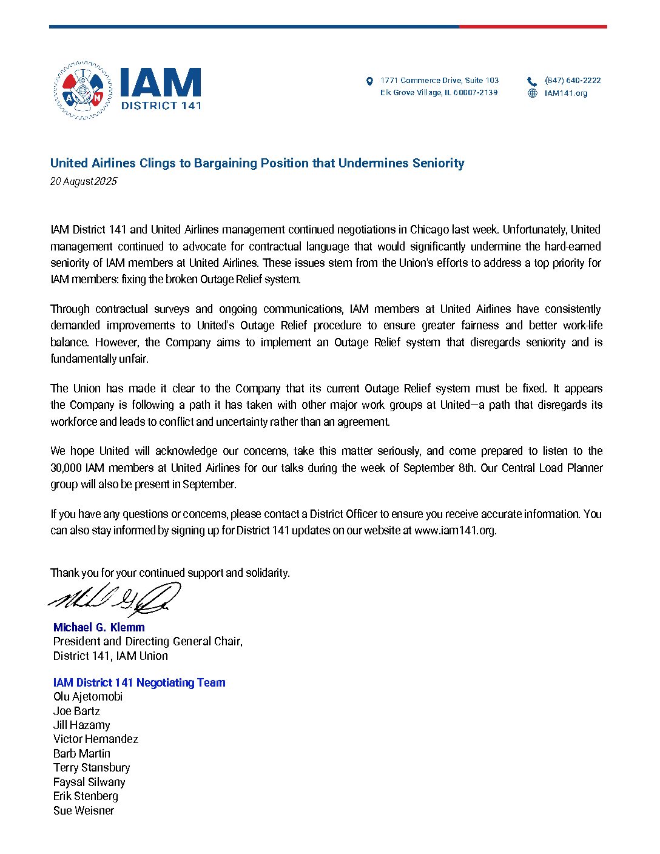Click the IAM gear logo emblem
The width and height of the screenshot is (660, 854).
point(82,90)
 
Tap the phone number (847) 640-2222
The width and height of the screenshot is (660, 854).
point(572,80)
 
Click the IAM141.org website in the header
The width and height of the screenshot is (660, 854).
point(565,93)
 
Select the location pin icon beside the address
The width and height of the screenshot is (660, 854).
point(369,81)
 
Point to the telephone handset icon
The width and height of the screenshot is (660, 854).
point(532,81)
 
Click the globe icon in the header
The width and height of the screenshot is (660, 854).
point(532,93)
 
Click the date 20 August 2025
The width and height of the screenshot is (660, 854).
point(83,181)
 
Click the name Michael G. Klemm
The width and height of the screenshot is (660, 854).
point(99,627)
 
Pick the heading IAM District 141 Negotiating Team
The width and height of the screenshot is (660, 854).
point(139,682)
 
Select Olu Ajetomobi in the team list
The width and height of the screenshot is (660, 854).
point(88,696)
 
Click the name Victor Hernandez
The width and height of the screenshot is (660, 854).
point(96,739)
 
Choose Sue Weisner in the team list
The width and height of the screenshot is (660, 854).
point(84,810)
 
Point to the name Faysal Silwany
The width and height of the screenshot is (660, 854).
point(89,782)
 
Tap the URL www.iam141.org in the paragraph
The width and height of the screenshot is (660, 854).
point(455,530)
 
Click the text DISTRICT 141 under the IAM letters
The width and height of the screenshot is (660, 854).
point(161,105)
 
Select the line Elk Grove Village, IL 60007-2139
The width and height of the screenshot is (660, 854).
point(439,93)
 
